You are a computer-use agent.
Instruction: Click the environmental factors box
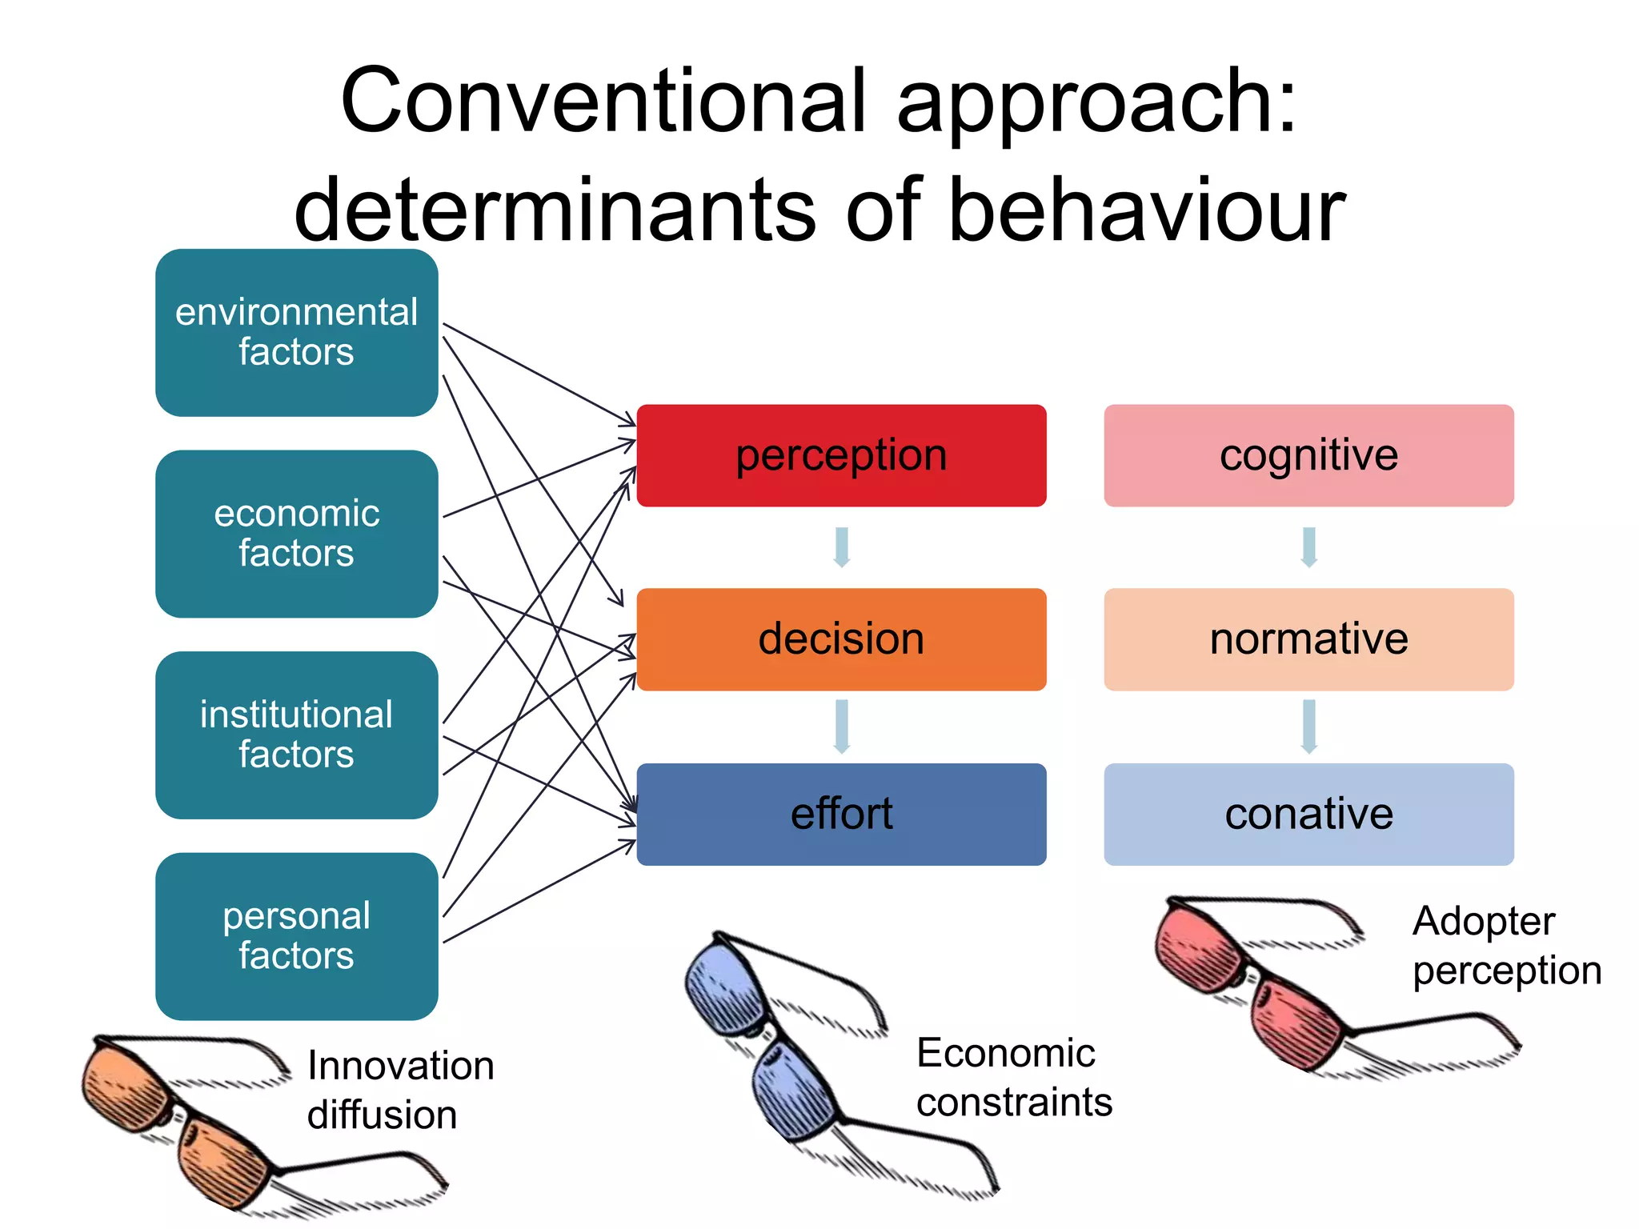tap(296, 332)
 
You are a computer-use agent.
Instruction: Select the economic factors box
tap(296, 534)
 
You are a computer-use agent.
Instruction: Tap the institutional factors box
tap(296, 735)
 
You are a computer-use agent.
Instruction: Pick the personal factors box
tap(296, 936)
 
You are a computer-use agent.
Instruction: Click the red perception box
tap(841, 455)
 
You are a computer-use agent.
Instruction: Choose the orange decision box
tap(841, 639)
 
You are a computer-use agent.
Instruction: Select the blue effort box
tap(841, 814)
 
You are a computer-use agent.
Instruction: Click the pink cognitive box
tap(1308, 455)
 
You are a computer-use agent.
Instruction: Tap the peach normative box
tap(1308, 639)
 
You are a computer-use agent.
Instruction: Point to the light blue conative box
tap(1308, 814)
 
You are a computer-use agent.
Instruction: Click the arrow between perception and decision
tap(841, 547)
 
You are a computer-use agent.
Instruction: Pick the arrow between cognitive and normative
tap(1309, 547)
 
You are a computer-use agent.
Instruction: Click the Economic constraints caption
tap(1013, 1077)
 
